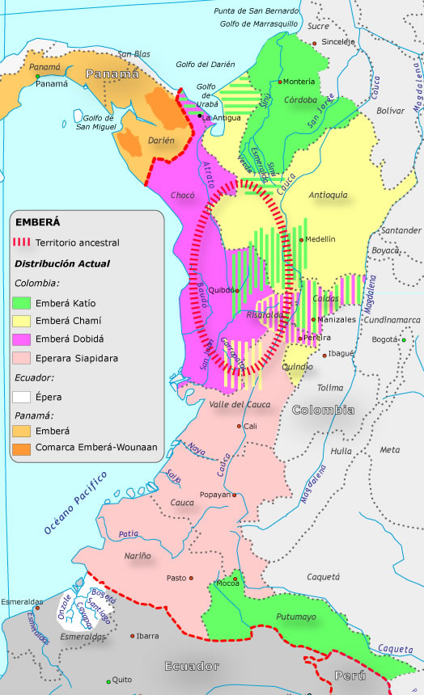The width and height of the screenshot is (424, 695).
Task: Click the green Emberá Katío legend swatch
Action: (22, 303)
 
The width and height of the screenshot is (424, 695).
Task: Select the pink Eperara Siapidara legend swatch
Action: (22, 356)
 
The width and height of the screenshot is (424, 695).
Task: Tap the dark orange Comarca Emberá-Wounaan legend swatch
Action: (22, 447)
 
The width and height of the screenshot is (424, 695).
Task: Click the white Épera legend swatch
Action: (22, 397)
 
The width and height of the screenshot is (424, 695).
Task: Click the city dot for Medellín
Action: (301, 240)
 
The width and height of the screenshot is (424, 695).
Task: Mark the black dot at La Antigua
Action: (200, 116)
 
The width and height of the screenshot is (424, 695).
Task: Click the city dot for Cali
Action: (240, 426)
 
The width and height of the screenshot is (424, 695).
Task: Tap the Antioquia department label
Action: (329, 195)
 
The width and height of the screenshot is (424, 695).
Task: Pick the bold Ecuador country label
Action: (192, 667)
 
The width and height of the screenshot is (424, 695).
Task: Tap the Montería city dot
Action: (280, 82)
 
